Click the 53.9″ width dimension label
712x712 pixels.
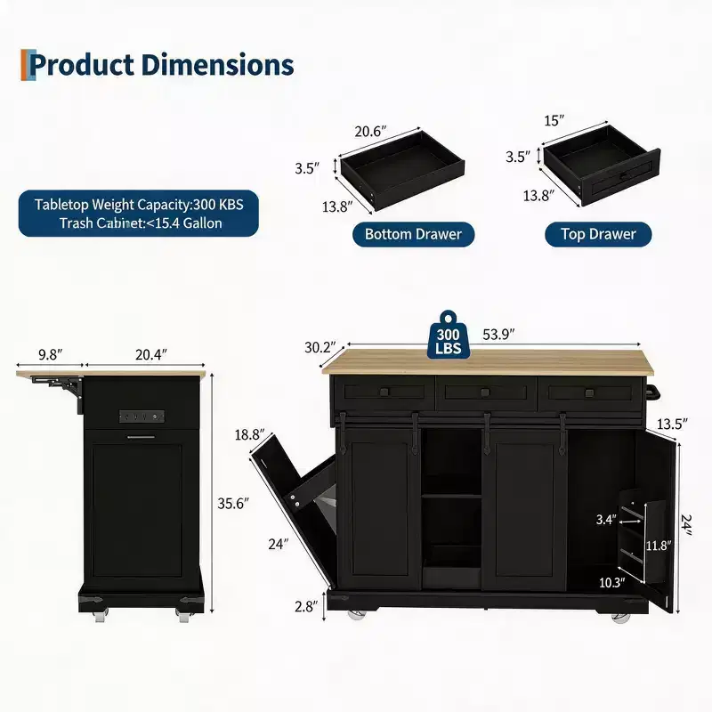[498, 335]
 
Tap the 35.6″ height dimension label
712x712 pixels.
[233, 504]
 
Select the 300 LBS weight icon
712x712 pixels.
[449, 336]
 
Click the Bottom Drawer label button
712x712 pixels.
[413, 234]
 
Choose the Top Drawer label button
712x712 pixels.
[598, 234]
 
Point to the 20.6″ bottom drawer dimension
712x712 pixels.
[370, 132]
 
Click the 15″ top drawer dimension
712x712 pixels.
[554, 121]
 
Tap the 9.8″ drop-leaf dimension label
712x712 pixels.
[51, 354]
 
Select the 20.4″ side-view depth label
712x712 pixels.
[151, 354]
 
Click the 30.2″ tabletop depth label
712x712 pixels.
[320, 347]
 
